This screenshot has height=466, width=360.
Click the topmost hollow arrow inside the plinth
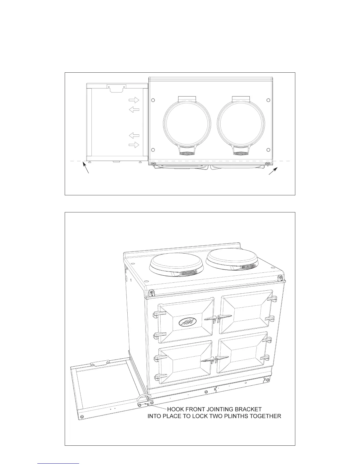click(134, 100)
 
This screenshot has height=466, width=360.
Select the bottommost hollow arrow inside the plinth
click(134, 145)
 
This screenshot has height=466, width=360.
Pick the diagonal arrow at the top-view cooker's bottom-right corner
click(273, 171)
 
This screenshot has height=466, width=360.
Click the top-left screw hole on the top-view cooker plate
click(153, 100)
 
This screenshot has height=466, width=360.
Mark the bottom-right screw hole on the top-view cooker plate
click(268, 150)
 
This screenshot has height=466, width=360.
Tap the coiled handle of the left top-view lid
click(187, 153)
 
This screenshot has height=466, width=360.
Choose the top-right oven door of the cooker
click(246, 312)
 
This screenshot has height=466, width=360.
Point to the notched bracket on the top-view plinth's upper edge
click(117, 88)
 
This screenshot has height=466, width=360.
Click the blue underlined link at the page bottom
click(59, 464)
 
